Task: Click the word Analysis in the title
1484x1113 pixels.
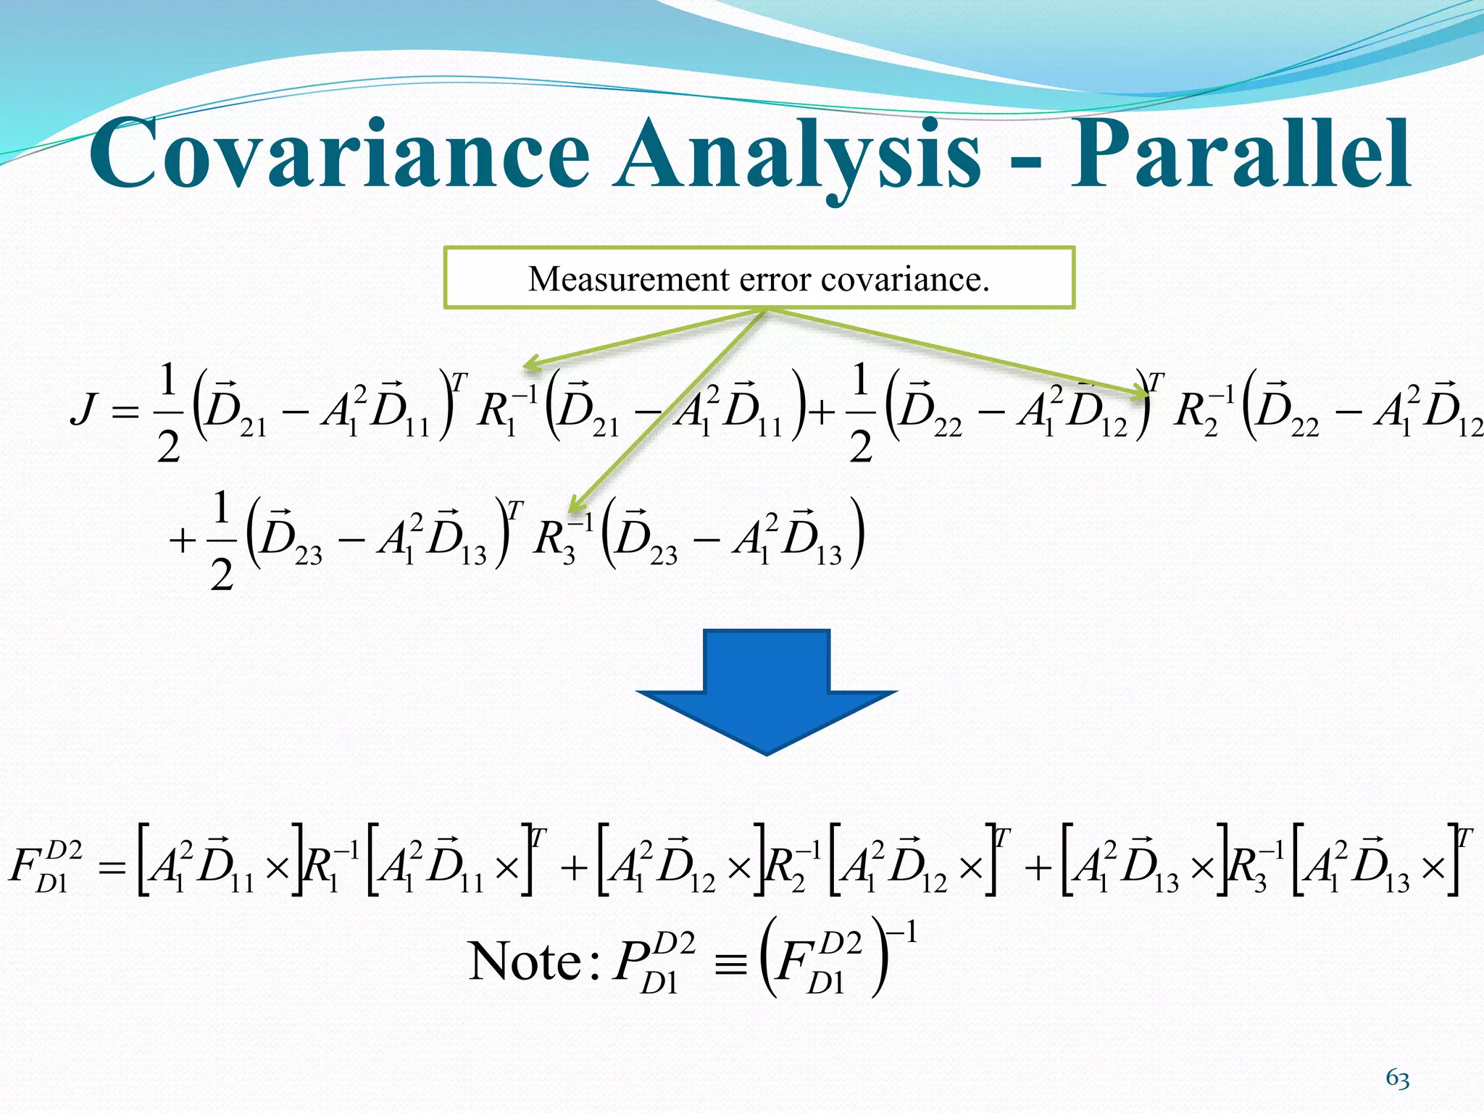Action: (x=797, y=156)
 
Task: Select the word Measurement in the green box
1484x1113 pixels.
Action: (x=628, y=279)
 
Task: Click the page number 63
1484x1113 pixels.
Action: (x=1398, y=1079)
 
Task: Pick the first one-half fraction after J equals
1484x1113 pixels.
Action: (x=167, y=413)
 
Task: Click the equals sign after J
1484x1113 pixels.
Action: (x=125, y=412)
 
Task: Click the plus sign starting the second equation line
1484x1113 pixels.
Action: (x=183, y=541)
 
